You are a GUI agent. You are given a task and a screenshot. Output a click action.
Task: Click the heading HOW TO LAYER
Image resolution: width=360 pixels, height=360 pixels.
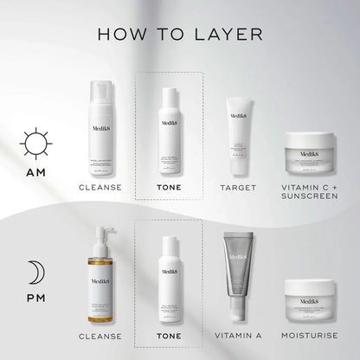click(x=180, y=34)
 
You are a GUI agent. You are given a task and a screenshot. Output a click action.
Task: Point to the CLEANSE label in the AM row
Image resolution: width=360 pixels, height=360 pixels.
click(x=99, y=186)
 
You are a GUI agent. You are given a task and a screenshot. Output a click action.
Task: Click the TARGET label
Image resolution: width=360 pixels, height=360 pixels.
click(x=240, y=186)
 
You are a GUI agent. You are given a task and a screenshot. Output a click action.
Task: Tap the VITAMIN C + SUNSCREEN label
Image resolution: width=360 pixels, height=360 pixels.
click(x=310, y=191)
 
